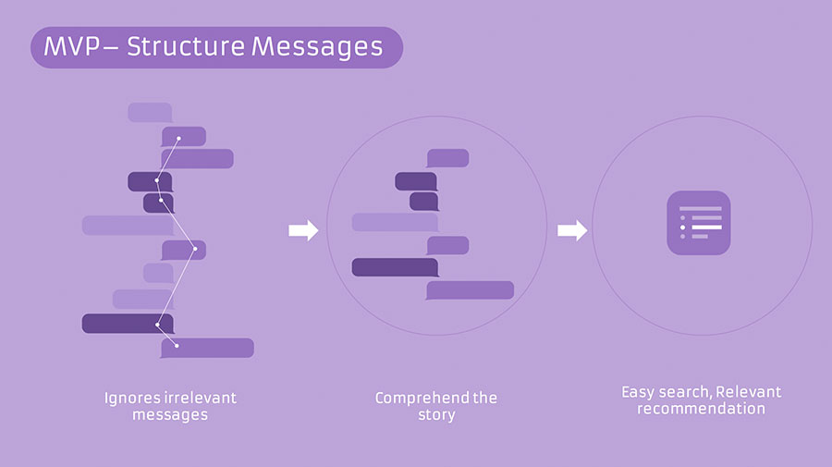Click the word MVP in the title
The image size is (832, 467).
pyautogui.click(x=71, y=46)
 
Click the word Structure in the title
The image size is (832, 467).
pyautogui.click(x=186, y=46)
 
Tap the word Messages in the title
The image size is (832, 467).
pyautogui.click(x=317, y=47)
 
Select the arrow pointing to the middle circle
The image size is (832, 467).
pyautogui.click(x=303, y=230)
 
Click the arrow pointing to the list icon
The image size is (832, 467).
pyautogui.click(x=572, y=230)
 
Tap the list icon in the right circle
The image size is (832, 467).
pyautogui.click(x=699, y=223)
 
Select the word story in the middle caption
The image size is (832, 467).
pyautogui.click(x=436, y=414)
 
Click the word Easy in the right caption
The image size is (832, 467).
pyautogui.click(x=639, y=392)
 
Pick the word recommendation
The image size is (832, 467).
pyautogui.click(x=701, y=409)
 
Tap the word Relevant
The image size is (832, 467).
pyautogui.click(x=748, y=392)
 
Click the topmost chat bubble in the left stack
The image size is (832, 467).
pyautogui.click(x=150, y=113)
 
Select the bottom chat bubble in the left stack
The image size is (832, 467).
pyautogui.click(x=207, y=348)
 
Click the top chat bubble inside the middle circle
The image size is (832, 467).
pyautogui.click(x=447, y=158)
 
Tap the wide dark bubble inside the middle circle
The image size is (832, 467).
pyautogui.click(x=396, y=267)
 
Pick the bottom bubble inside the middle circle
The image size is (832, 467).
pyautogui.click(x=471, y=290)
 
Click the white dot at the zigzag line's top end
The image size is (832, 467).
pyautogui.click(x=178, y=139)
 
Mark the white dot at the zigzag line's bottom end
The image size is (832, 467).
pyautogui.click(x=177, y=346)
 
